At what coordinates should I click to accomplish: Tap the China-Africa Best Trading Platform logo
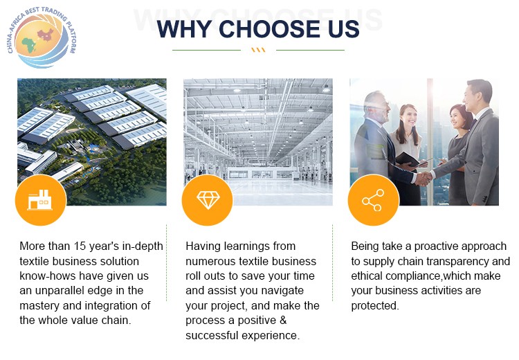click(x=42, y=37)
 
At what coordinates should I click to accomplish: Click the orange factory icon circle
click(x=41, y=200)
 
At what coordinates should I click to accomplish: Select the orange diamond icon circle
click(x=208, y=200)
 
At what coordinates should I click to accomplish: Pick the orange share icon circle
click(x=374, y=200)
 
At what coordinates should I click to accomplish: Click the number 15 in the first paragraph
click(x=80, y=246)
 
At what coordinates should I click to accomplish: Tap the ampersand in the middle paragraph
click(x=283, y=321)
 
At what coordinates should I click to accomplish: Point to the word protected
click(x=375, y=306)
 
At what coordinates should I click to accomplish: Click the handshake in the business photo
click(x=424, y=179)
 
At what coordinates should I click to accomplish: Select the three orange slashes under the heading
click(x=258, y=50)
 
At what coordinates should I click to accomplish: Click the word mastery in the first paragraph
click(x=39, y=306)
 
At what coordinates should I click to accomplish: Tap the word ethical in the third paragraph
click(x=367, y=276)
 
